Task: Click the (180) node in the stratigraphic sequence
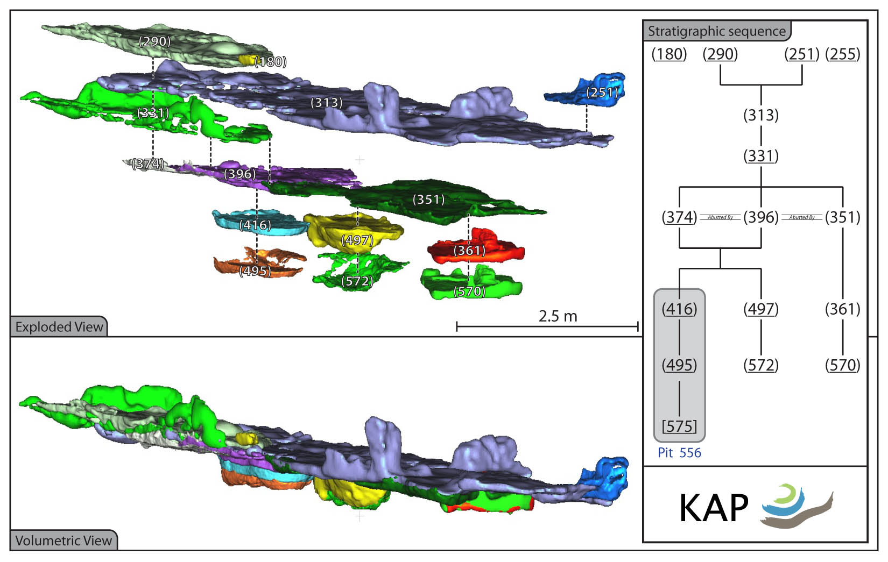tap(669, 54)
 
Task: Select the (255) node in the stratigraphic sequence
tap(843, 54)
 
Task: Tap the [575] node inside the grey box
tap(680, 426)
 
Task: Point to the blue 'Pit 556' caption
tap(680, 452)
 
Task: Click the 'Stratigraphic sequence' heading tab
tap(717, 31)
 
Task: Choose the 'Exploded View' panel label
tap(59, 327)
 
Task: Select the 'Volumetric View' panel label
tap(64, 540)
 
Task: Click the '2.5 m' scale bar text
tap(558, 316)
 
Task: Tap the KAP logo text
tap(714, 509)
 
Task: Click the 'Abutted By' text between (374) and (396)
tap(720, 217)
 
